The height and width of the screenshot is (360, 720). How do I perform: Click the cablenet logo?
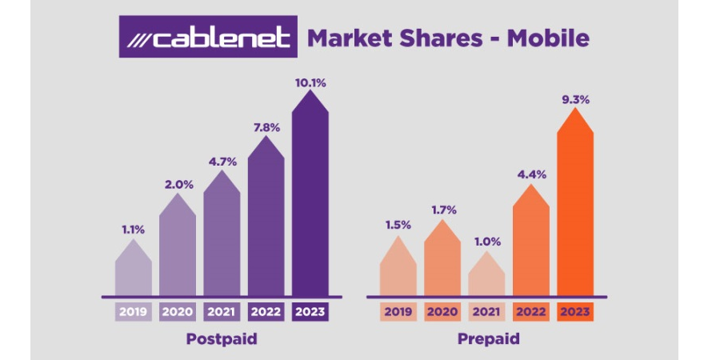(208, 37)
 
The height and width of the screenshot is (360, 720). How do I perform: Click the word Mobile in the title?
(548, 38)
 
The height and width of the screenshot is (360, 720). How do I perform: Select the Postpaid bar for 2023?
(310, 193)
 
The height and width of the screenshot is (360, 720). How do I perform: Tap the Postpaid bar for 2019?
(133, 268)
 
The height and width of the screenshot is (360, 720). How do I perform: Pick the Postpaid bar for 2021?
(222, 234)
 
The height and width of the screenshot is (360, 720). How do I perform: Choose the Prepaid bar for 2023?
(575, 202)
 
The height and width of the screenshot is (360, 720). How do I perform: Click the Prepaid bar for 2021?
(486, 274)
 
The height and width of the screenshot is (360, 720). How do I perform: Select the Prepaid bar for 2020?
(442, 258)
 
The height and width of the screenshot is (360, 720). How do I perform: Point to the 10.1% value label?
(311, 83)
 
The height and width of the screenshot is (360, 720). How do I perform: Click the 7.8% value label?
(266, 129)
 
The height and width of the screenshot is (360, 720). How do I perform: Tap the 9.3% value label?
(575, 100)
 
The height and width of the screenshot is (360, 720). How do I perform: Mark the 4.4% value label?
(531, 174)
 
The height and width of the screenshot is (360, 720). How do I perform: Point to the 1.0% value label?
(486, 242)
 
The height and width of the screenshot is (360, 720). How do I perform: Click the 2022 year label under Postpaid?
(266, 312)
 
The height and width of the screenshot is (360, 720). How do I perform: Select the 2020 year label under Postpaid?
(178, 312)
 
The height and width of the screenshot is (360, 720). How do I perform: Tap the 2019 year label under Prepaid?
(398, 312)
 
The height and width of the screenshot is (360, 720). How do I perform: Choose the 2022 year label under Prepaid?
(531, 312)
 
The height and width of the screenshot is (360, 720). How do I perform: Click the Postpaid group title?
(222, 340)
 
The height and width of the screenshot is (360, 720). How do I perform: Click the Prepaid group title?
(489, 340)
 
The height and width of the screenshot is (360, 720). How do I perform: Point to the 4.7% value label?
(222, 162)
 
